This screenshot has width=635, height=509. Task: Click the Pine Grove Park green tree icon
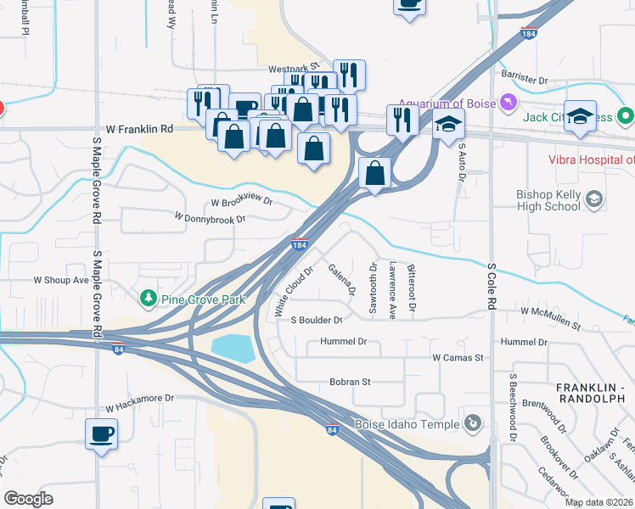149,299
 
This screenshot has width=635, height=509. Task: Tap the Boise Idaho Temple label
408,422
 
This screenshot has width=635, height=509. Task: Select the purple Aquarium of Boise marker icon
509,103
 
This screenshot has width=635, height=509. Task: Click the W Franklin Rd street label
139,129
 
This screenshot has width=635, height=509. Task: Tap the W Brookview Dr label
242,203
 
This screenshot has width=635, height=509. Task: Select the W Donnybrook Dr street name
210,218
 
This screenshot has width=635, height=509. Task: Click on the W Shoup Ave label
61,279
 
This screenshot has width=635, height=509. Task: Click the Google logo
29,498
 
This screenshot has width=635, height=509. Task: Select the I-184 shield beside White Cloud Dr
298,244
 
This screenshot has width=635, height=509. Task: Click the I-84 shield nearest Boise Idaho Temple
332,430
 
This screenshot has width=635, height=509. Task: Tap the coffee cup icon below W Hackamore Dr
102,434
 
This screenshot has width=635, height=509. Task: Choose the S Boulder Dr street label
316,321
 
